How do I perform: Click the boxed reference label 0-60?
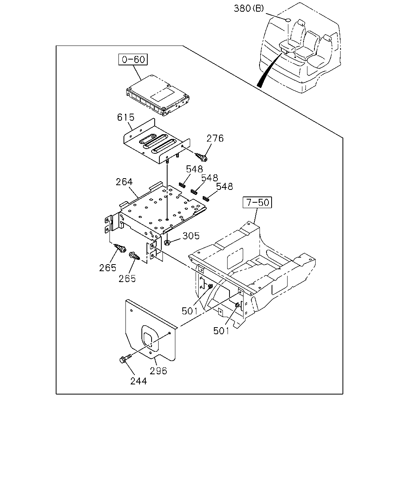coord(133,60)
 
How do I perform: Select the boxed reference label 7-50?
coord(257,202)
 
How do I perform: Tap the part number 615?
coord(125,117)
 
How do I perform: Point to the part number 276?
coord(215,138)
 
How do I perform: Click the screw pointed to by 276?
coord(201,157)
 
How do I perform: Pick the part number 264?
coord(124,182)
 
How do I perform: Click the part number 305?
coord(191,236)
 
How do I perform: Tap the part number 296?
coord(158,371)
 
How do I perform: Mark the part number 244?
coord(139,381)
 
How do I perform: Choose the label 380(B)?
coord(249,9)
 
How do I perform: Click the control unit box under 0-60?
coord(158,95)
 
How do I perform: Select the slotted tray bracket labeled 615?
coord(157,142)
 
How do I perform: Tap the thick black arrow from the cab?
coord(269,70)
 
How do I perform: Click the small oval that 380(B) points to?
coord(288,20)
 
